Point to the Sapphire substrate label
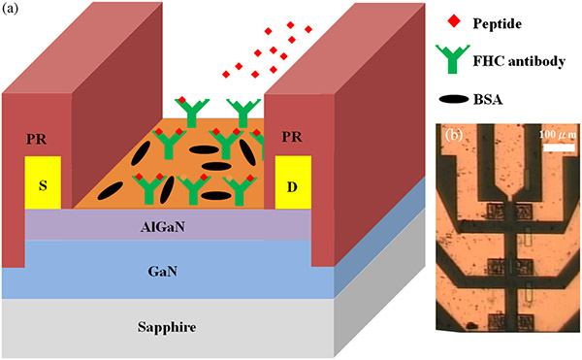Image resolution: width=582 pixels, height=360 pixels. (x=168, y=328)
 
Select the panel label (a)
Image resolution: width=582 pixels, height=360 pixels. (x=14, y=14)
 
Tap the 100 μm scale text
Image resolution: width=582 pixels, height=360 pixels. (x=553, y=133)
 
